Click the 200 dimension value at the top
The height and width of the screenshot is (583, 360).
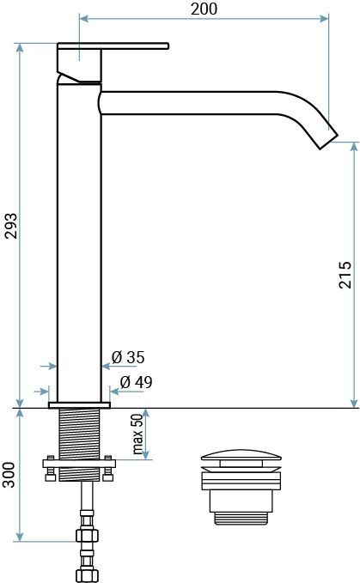click(204, 9)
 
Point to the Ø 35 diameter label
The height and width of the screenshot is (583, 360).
click(129, 357)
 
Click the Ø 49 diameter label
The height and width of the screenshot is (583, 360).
click(136, 382)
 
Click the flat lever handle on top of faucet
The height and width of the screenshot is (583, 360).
click(112, 47)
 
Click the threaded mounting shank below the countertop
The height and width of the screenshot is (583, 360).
click(79, 434)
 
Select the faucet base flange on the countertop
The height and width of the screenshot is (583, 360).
click(80, 402)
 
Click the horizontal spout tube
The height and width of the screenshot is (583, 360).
click(198, 102)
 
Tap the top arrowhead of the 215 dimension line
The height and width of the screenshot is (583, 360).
click(353, 147)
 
